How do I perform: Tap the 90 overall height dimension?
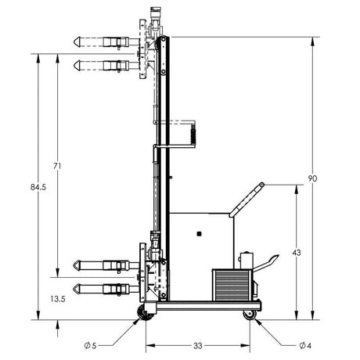[x=312, y=178]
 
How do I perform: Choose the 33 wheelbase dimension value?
[x=198, y=345]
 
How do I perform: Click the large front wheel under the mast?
[x=146, y=314]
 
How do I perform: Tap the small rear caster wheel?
[x=250, y=315]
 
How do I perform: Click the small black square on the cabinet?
[x=200, y=233]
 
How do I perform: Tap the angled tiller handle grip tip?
[x=260, y=186]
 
